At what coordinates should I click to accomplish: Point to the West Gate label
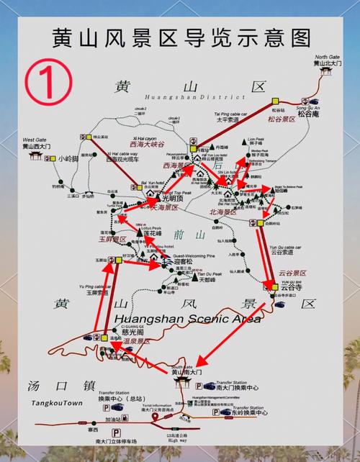[x=34, y=139]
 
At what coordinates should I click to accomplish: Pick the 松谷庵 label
[x=307, y=113]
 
